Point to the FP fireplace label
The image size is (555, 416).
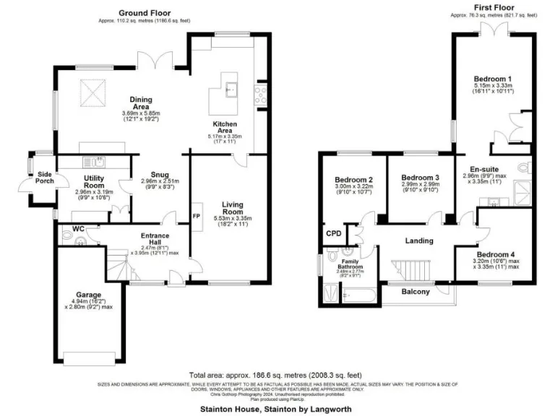tap(195, 216)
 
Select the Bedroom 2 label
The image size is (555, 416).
tap(354, 180)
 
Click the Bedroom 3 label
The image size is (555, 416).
tap(421, 178)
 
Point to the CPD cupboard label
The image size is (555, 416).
tap(333, 233)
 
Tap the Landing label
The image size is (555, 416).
tap(418, 240)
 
